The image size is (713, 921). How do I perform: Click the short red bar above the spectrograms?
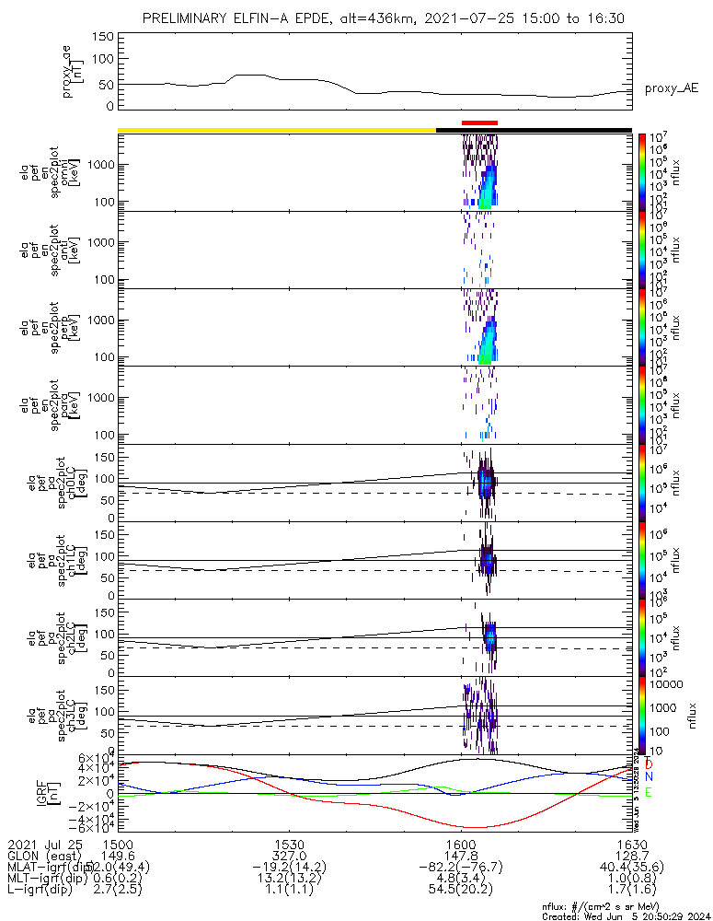[x=479, y=122]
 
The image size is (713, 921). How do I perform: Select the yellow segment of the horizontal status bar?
[x=276, y=130]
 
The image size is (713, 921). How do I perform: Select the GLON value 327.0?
[x=290, y=856]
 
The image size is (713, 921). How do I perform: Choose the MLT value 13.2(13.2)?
[x=290, y=879]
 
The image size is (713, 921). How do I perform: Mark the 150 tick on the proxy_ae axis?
[x=103, y=36]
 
